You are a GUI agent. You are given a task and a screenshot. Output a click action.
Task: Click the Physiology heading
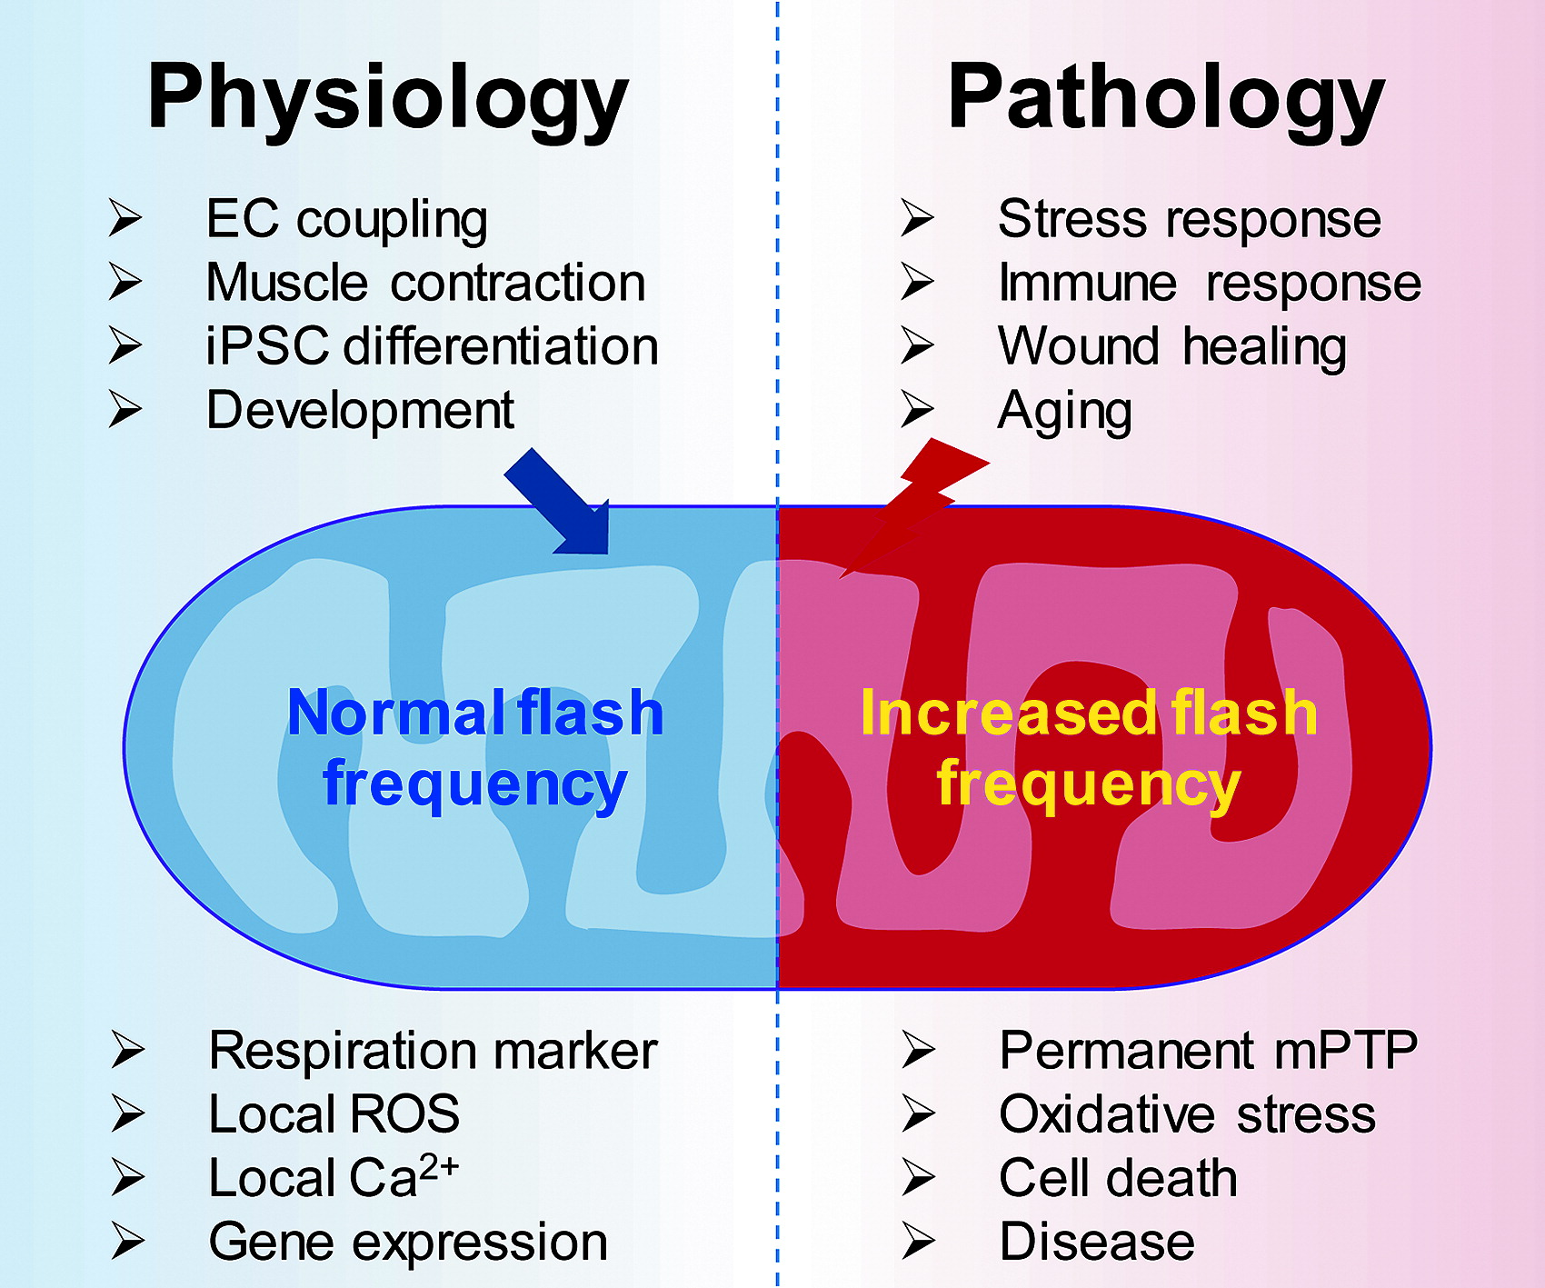(x=388, y=98)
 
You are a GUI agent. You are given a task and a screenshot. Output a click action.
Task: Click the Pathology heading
(x=1166, y=98)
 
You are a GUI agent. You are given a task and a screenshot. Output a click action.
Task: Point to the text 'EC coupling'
(x=347, y=220)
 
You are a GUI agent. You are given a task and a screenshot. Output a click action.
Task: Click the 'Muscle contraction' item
(x=425, y=283)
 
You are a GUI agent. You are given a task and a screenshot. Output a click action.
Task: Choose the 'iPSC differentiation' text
(x=432, y=346)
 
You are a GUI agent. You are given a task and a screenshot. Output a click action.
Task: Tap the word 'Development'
(x=360, y=410)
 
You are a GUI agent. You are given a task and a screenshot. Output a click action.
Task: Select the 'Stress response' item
(x=1190, y=220)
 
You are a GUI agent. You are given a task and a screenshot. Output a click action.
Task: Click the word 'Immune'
(x=1087, y=283)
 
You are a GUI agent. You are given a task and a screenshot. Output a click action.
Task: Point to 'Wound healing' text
(x=1172, y=346)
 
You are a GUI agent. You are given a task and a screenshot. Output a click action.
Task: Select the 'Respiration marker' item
(x=433, y=1051)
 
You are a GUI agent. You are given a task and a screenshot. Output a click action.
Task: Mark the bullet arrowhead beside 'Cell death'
(x=918, y=1178)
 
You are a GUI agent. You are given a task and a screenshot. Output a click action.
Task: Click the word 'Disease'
(x=1097, y=1242)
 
